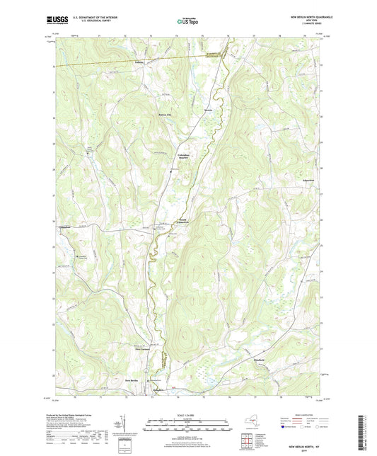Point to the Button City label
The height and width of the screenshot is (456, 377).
(163, 115)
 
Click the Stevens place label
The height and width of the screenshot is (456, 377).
(208, 111)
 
